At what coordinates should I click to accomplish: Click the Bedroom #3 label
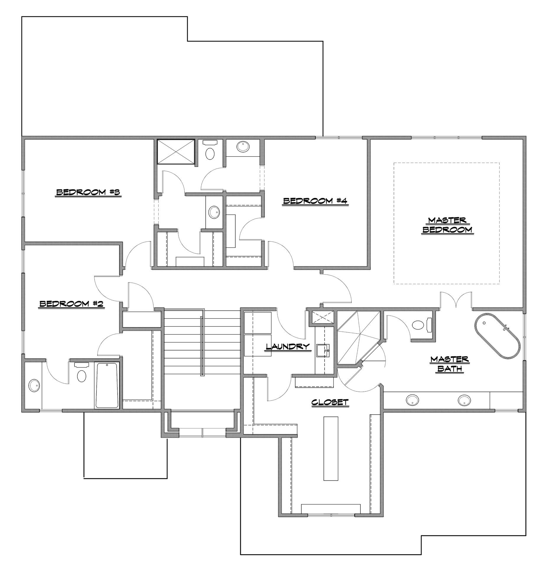[89, 193]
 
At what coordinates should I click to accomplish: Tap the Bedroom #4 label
[315, 201]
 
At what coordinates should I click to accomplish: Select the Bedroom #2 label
[71, 304]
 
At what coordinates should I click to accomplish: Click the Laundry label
[288, 346]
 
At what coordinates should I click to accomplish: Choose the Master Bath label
[450, 364]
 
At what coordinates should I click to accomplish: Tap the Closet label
[330, 403]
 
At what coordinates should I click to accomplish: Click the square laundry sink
[323, 351]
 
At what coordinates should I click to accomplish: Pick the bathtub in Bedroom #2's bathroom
[107, 385]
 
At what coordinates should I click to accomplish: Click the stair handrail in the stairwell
[202, 346]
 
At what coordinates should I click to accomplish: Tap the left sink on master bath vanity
[412, 400]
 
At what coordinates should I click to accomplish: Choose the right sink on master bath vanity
[464, 400]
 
